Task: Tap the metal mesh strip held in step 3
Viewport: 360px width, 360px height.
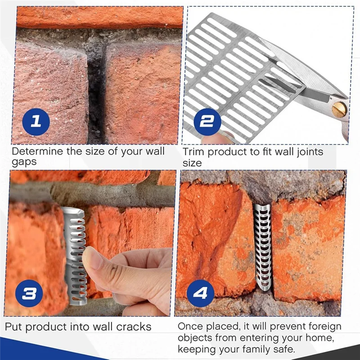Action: (76, 256)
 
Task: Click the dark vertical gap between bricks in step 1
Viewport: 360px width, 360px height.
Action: (95, 90)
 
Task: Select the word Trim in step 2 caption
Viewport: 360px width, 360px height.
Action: (193, 152)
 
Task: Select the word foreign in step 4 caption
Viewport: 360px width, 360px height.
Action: (324, 326)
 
